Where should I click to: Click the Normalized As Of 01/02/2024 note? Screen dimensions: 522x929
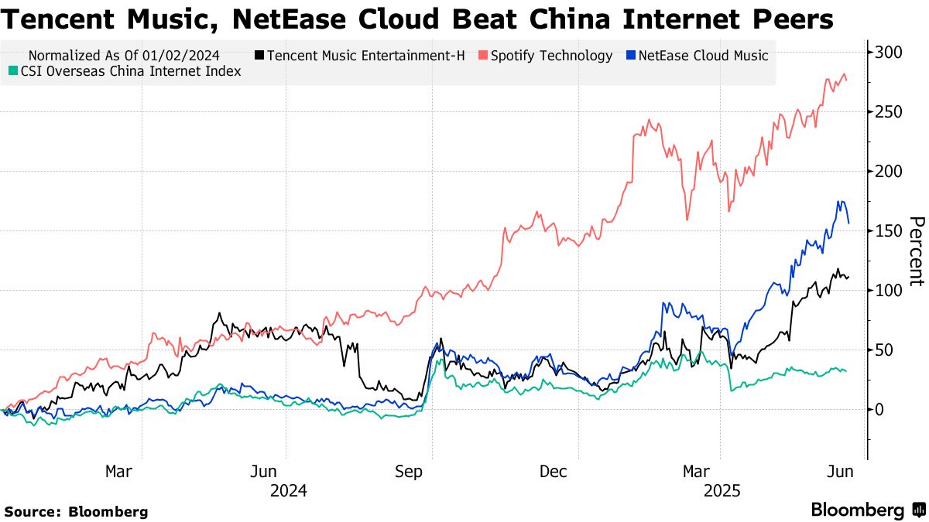tap(124, 56)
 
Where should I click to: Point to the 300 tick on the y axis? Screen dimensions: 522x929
tap(889, 53)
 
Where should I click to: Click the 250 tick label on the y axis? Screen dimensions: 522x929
tap(889, 112)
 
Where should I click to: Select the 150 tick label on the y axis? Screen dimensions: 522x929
tap(889, 231)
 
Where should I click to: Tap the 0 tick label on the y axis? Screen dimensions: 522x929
tap(880, 410)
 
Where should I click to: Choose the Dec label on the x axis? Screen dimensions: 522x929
tap(554, 472)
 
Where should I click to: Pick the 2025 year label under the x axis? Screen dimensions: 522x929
tap(721, 491)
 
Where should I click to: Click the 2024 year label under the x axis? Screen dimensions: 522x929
tap(288, 491)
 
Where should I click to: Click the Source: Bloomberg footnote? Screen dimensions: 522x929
tap(76, 511)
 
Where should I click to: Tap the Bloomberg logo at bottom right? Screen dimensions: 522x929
tap(867, 510)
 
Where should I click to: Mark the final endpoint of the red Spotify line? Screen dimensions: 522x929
tap(846, 80)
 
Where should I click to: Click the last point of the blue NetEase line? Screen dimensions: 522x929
tap(848, 223)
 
